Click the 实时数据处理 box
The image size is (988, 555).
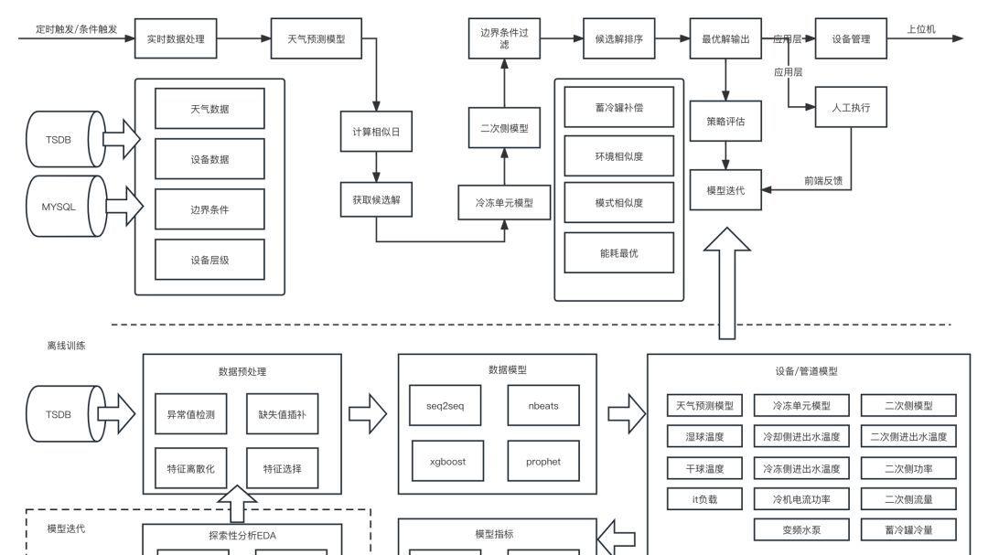click(176, 39)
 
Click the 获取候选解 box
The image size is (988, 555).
click(376, 200)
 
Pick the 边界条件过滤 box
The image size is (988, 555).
click(504, 38)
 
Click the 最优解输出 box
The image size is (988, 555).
click(726, 39)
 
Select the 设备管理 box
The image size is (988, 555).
click(851, 39)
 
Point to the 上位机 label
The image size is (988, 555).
click(921, 30)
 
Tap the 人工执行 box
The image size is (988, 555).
click(851, 108)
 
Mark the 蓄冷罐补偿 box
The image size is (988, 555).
click(619, 108)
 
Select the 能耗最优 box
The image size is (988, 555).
click(619, 253)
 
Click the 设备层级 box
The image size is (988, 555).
click(209, 260)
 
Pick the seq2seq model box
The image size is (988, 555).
click(446, 405)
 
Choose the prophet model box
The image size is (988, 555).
click(543, 461)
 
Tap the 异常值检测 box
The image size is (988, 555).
click(190, 413)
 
